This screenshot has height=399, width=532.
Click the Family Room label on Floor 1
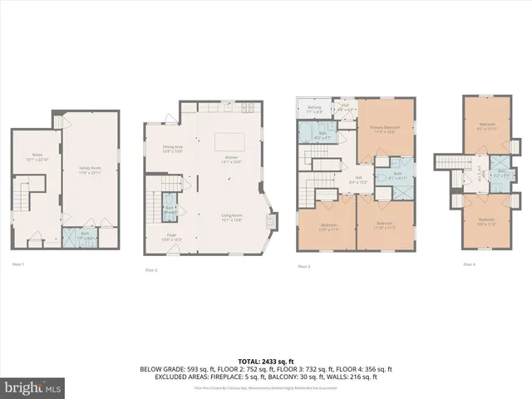[x=90, y=170]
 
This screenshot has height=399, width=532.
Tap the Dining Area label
[x=172, y=150]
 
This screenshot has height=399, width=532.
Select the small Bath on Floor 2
[x=170, y=210]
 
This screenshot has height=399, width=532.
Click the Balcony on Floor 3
[x=315, y=109]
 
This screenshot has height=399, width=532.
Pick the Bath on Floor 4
[x=501, y=175]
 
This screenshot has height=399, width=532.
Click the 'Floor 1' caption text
[x=18, y=264]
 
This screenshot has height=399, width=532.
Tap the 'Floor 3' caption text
[x=304, y=266]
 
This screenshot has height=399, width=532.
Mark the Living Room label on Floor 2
[x=231, y=218]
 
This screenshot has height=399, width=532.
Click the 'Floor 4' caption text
[x=470, y=264]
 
